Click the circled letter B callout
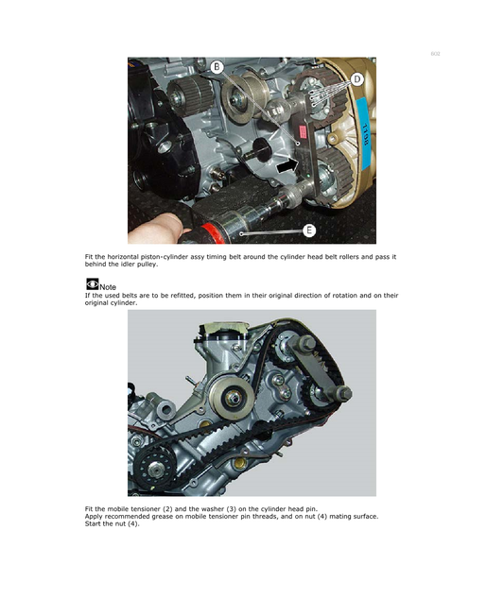(217, 67)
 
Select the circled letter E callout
(309, 230)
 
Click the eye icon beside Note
(92, 283)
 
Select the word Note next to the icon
(108, 287)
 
